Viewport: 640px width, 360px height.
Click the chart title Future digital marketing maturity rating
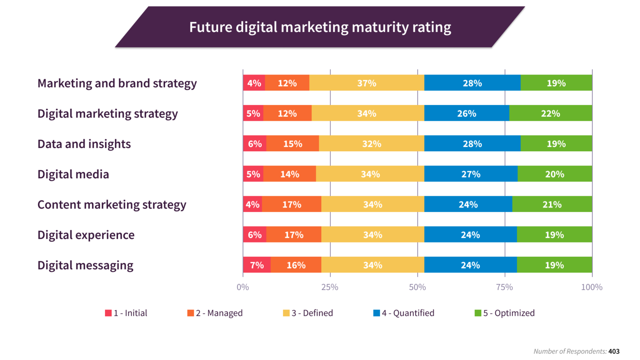320,27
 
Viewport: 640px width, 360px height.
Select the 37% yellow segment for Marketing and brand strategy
367,83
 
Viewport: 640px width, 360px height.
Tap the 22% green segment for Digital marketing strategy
550,113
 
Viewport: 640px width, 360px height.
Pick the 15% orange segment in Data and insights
292,144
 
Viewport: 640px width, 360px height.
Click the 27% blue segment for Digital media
471,174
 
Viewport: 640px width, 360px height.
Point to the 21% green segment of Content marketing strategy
552,205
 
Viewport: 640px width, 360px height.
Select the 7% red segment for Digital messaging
257,265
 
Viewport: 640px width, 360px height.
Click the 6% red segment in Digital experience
255,235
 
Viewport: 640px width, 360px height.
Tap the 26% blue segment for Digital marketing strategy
467,113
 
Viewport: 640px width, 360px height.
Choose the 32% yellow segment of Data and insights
371,144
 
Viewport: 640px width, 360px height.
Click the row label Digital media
73,174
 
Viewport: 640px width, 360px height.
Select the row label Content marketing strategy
112,205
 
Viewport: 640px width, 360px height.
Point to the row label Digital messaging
85,265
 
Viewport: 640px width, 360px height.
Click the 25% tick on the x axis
330,287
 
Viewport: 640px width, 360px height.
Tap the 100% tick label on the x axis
592,287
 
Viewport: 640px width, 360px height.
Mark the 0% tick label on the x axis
243,287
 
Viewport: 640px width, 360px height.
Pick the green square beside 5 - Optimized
478,313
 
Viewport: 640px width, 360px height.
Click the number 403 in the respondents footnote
614,351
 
